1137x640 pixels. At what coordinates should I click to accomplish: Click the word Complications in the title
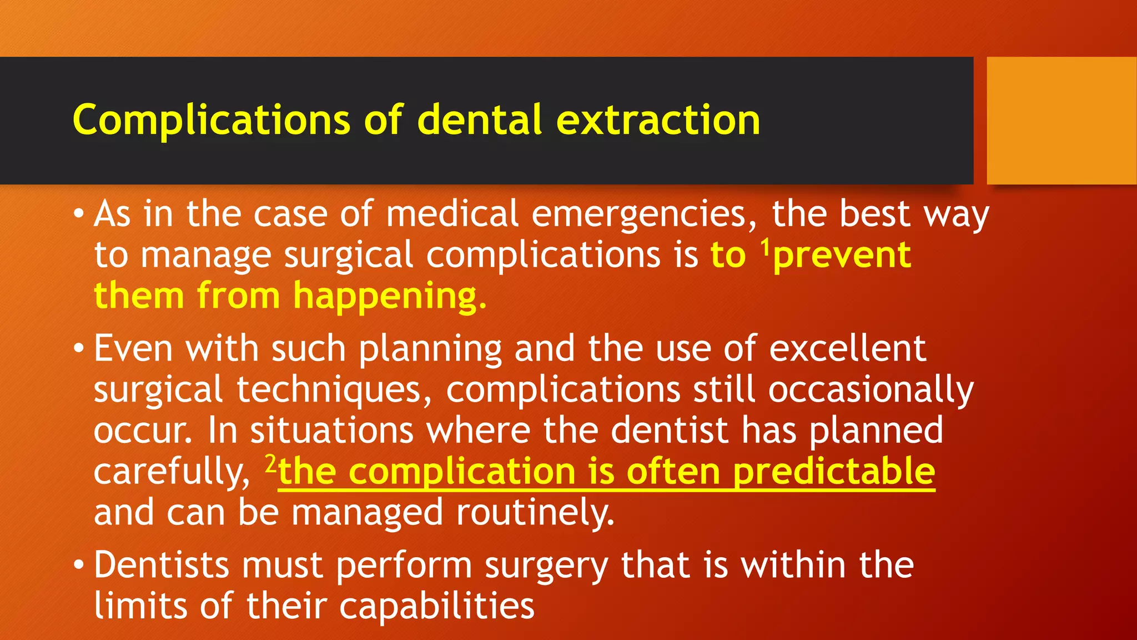(211, 120)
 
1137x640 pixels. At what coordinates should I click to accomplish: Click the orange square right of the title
(1061, 120)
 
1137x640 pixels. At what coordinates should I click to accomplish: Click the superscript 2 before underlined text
(270, 462)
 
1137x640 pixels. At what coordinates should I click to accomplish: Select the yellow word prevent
(842, 256)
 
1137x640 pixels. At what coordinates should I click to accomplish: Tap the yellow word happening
(389, 296)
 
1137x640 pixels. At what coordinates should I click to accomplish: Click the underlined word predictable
(834, 472)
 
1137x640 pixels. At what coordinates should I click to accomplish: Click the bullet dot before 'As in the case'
(79, 214)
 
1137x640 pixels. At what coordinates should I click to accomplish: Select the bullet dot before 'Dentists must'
(79, 566)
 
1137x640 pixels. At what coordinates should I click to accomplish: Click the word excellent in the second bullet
(847, 349)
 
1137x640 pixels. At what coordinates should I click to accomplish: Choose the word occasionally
(871, 390)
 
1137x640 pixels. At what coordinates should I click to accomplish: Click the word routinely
(535, 512)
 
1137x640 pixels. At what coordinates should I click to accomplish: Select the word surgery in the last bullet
(546, 567)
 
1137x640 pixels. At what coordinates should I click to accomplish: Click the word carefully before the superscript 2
(173, 472)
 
